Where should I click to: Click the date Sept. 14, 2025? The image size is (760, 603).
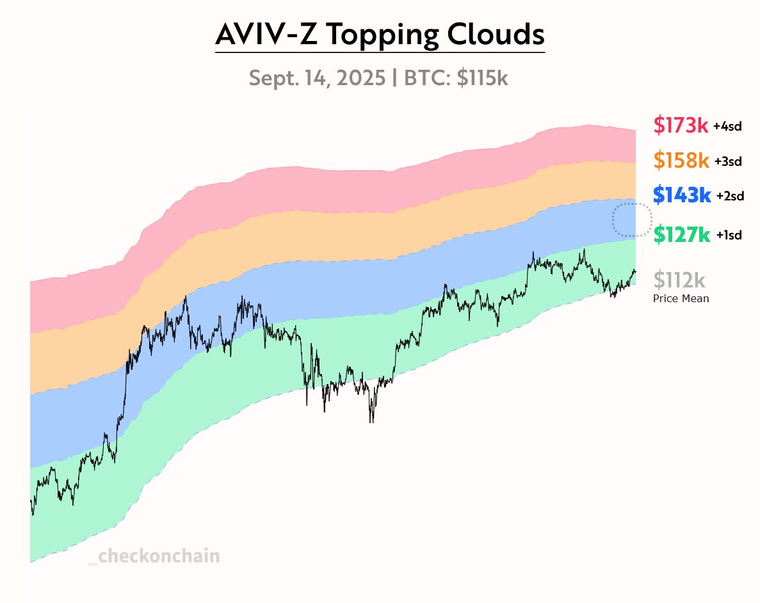click(317, 78)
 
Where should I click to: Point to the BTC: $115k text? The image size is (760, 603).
click(456, 78)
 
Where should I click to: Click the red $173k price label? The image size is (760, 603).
click(681, 125)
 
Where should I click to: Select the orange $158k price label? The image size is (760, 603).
click(681, 161)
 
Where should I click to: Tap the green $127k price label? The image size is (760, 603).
click(681, 235)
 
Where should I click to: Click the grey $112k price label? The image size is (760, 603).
click(679, 280)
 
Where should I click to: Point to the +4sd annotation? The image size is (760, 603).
click(727, 127)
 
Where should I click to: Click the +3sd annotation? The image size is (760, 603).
click(727, 162)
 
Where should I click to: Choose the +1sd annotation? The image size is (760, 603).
click(728, 236)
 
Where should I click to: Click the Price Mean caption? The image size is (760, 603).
click(681, 298)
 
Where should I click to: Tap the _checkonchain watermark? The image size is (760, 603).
click(154, 556)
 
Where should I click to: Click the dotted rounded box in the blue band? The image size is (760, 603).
click(632, 220)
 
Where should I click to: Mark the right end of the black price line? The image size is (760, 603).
click(635, 271)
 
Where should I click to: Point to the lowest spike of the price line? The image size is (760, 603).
click(371, 421)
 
